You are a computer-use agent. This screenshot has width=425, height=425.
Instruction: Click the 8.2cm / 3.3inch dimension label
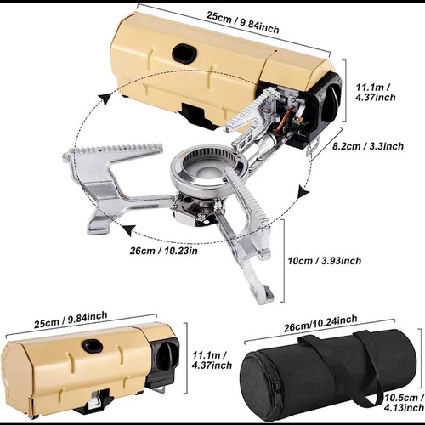tap(368, 146)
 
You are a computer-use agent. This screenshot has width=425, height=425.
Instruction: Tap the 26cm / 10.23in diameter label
tap(164, 251)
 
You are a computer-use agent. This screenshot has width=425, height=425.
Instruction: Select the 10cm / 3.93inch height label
tap(325, 261)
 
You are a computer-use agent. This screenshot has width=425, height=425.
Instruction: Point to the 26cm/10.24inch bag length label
tap(320, 323)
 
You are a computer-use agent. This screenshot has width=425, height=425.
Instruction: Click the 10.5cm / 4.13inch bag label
tap(405, 403)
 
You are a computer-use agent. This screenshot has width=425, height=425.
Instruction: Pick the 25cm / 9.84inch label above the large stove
tap(242, 22)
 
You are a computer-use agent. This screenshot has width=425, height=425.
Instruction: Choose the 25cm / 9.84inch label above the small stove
tap(71, 320)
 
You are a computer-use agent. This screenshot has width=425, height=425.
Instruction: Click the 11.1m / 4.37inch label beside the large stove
tap(376, 92)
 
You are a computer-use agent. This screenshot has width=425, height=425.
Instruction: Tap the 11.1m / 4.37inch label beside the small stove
tap(212, 360)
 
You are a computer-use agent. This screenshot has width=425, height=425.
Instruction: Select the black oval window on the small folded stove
tap(93, 346)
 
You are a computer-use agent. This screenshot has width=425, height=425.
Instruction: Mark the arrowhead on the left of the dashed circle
tap(105, 99)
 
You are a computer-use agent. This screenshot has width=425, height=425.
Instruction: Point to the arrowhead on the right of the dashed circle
tap(303, 195)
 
